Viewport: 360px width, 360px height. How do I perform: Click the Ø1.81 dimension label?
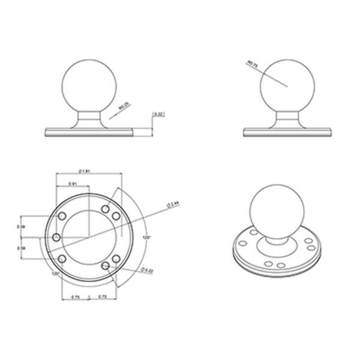[85, 170]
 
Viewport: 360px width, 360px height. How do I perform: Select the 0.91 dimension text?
[72, 184]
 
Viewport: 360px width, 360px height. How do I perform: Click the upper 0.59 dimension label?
[21, 227]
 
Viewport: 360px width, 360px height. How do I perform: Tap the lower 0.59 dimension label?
[21, 247]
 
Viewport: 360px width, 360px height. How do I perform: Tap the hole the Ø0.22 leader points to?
[106, 265]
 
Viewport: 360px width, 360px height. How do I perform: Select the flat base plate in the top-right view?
[287, 131]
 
